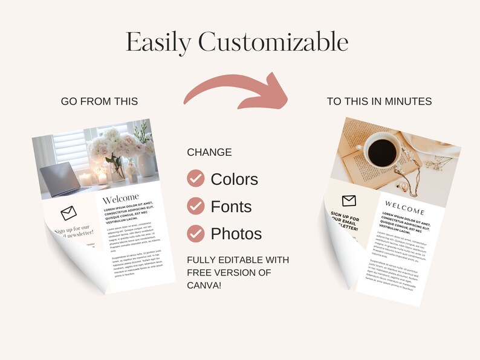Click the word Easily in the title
click(x=158, y=42)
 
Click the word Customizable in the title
click(x=273, y=42)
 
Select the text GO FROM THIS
click(x=99, y=101)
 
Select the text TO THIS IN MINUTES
click(x=379, y=101)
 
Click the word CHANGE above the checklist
click(x=209, y=153)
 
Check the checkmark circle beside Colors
click(x=195, y=179)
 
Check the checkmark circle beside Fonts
click(x=195, y=206)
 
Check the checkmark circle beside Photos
click(x=195, y=233)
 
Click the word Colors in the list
click(x=234, y=179)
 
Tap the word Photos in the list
click(x=236, y=234)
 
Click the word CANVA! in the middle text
click(x=204, y=284)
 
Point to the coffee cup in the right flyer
click(x=380, y=149)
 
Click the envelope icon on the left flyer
click(x=68, y=212)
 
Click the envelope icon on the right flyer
click(x=349, y=201)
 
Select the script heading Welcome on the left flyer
click(x=121, y=199)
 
